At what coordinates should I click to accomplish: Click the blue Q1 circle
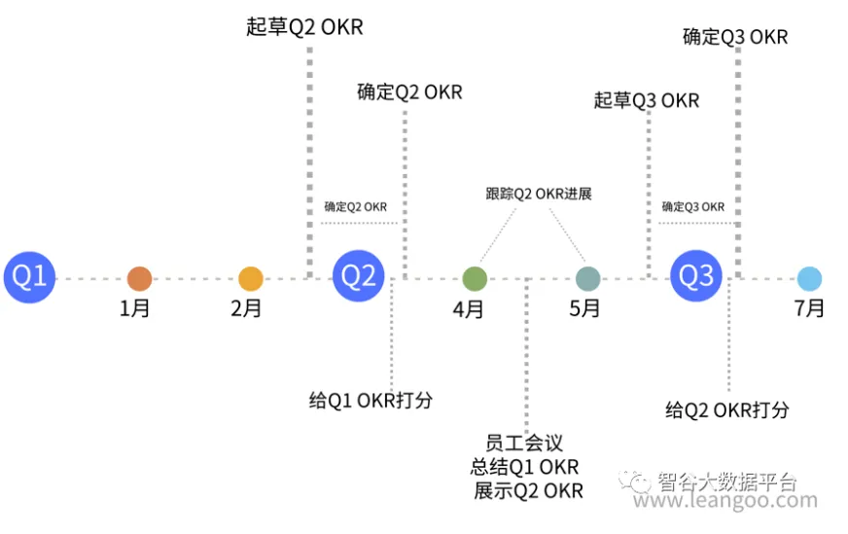(28, 278)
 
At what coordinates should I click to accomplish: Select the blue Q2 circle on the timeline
(358, 278)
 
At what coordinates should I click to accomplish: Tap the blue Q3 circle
(695, 278)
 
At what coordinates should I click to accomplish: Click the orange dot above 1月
(139, 279)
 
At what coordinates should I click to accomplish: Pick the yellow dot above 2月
(251, 279)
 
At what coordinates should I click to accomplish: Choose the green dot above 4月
(474, 279)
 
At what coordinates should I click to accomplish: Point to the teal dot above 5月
(587, 279)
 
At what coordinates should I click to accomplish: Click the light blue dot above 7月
(809, 279)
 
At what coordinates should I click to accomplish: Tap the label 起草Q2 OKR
(304, 27)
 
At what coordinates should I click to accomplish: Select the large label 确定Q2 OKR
(409, 93)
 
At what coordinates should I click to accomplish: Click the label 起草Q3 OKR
(647, 100)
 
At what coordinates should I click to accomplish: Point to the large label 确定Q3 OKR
(735, 38)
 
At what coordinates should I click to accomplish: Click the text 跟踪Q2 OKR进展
(538, 194)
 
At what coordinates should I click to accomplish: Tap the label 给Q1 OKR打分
(371, 401)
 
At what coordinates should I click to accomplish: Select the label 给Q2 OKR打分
(727, 409)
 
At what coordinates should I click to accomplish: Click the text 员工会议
(524, 444)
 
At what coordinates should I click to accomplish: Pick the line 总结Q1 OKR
(524, 467)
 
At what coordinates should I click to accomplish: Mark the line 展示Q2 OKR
(528, 490)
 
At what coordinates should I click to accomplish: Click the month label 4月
(469, 310)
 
